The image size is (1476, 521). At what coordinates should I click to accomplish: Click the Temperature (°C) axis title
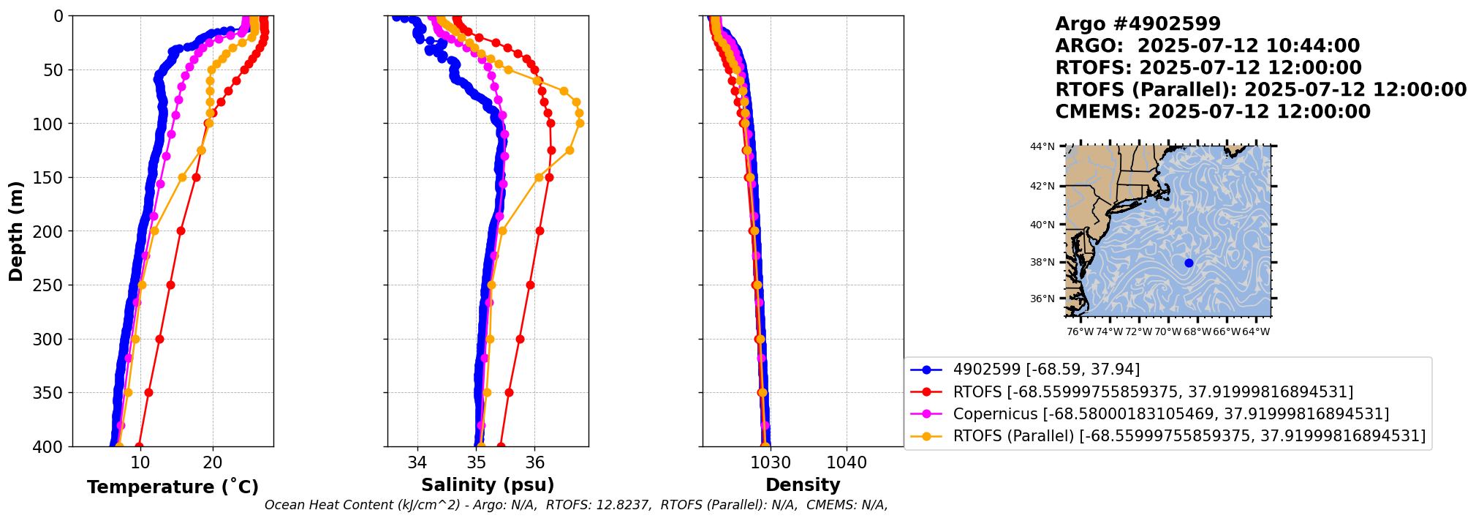tap(173, 487)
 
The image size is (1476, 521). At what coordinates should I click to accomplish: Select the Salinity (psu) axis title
tap(488, 485)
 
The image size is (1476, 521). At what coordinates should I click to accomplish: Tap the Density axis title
tap(802, 485)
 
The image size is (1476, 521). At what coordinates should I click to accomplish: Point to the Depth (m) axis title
tap(16, 231)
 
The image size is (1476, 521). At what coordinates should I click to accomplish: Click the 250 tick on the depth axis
tap(52, 285)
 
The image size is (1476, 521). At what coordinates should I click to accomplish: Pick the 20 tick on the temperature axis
tap(213, 462)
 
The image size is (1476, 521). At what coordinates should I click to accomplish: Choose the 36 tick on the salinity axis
tap(535, 462)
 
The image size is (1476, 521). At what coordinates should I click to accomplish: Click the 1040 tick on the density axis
tap(847, 462)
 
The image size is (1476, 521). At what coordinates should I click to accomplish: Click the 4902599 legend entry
tap(1046, 370)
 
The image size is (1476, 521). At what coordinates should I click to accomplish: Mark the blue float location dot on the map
tap(1189, 263)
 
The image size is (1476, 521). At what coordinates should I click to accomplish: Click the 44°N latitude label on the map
tap(1042, 146)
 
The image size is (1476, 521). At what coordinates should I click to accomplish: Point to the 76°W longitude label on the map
tap(1080, 331)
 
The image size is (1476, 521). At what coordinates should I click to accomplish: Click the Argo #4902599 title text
tap(1138, 24)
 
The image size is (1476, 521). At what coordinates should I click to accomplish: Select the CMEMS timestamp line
tap(1213, 112)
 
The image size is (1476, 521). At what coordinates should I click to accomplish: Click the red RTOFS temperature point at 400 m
tap(139, 446)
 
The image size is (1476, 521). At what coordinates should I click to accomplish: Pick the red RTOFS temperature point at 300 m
tap(159, 339)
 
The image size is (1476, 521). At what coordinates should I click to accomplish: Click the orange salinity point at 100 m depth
tap(580, 123)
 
